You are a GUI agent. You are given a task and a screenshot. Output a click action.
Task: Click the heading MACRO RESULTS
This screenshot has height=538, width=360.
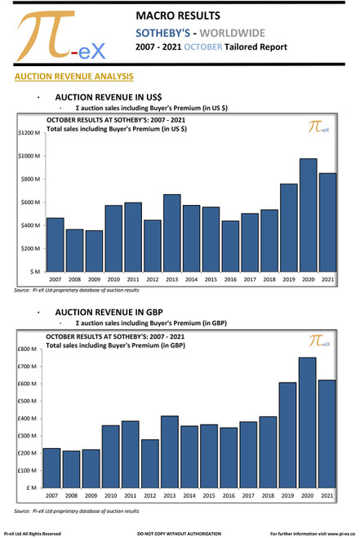(x=178, y=16)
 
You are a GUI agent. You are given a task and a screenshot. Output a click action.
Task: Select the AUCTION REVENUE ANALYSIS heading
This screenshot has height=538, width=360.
(x=69, y=77)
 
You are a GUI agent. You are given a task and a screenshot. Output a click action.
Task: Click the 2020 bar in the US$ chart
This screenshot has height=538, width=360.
(x=308, y=215)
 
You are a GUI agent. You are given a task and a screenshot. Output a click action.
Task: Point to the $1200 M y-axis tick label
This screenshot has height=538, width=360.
(x=29, y=132)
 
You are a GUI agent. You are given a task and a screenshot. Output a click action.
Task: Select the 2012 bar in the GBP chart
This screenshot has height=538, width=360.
(x=149, y=463)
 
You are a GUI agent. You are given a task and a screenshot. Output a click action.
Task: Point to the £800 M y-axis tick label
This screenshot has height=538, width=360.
(x=27, y=349)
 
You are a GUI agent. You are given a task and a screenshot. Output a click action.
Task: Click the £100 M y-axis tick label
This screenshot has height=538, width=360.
(x=27, y=470)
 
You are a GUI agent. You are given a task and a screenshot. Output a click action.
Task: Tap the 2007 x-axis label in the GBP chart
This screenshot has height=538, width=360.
(x=51, y=496)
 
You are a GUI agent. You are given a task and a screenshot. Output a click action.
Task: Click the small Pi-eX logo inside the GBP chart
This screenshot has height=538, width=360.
(x=319, y=342)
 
